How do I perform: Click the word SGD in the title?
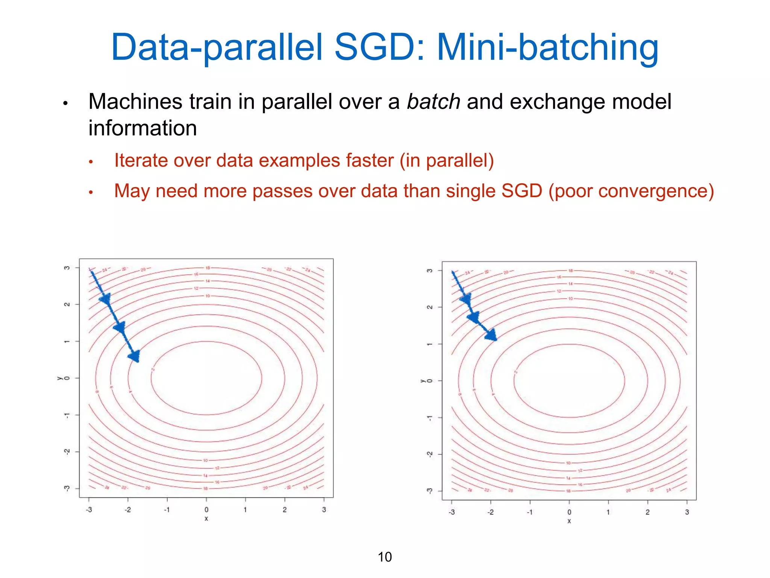click(x=379, y=47)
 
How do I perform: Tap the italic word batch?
click(x=434, y=102)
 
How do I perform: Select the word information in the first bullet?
click(x=142, y=128)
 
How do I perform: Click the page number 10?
click(x=385, y=557)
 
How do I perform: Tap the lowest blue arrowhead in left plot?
click(x=135, y=356)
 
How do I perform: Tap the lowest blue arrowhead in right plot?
click(x=491, y=335)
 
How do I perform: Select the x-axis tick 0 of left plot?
click(x=206, y=510)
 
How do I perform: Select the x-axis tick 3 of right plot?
click(x=687, y=512)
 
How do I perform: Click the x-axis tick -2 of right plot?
click(x=490, y=512)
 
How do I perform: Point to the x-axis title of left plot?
click(x=206, y=519)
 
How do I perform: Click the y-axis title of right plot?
click(x=422, y=381)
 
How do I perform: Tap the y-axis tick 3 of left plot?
click(x=67, y=268)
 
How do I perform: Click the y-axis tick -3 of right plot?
click(x=430, y=491)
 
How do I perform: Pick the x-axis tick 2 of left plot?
click(x=285, y=510)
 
